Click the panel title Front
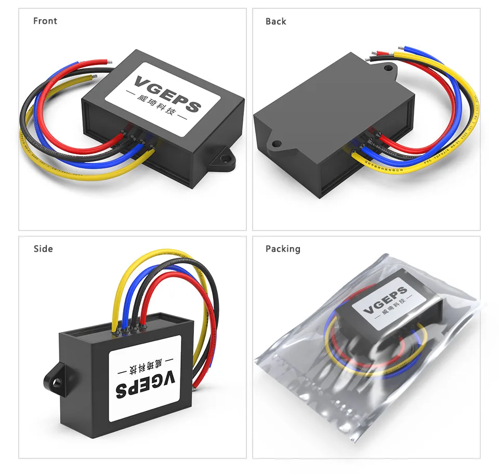tap(45, 21)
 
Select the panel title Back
tap(275, 21)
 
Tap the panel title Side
tap(43, 249)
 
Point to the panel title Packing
tap(283, 249)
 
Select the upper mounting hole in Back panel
tap(388, 67)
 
